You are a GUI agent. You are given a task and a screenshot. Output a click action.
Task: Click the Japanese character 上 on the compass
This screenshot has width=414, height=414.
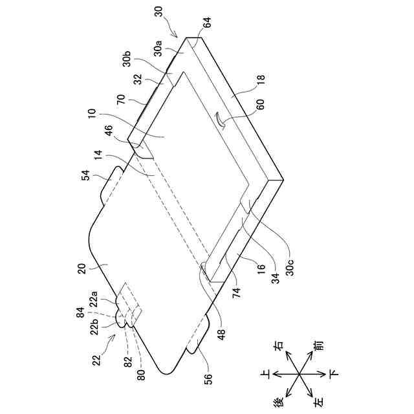click(265, 375)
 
